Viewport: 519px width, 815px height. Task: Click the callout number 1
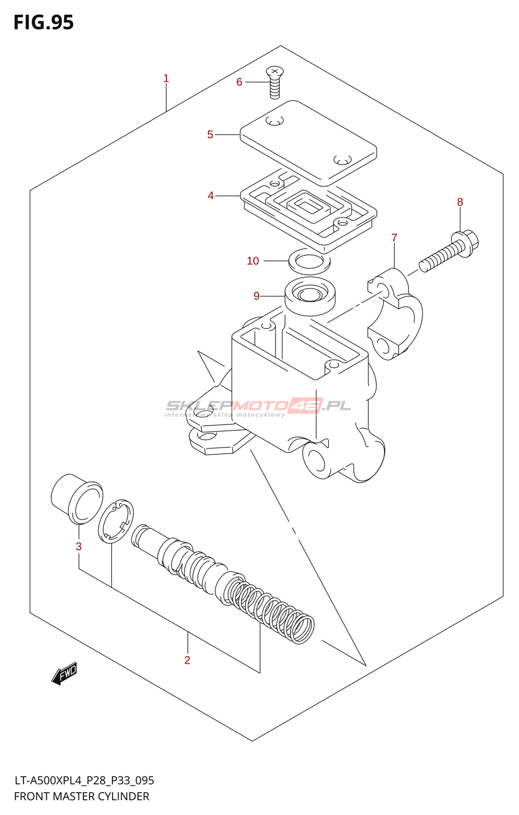166,78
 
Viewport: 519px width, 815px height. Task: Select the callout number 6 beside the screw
239,82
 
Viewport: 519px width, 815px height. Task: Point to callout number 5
210,134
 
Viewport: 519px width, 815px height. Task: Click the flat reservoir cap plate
308,142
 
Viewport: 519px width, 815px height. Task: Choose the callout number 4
211,196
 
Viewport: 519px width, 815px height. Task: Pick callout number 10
253,261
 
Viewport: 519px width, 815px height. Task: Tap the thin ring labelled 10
309,261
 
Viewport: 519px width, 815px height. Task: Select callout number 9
256,296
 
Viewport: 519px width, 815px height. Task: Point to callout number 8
460,202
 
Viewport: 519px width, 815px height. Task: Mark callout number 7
394,238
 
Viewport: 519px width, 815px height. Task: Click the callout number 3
78,547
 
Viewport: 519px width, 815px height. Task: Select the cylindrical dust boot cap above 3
76,499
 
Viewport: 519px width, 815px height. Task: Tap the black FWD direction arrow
65,673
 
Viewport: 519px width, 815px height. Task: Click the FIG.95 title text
44,22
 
